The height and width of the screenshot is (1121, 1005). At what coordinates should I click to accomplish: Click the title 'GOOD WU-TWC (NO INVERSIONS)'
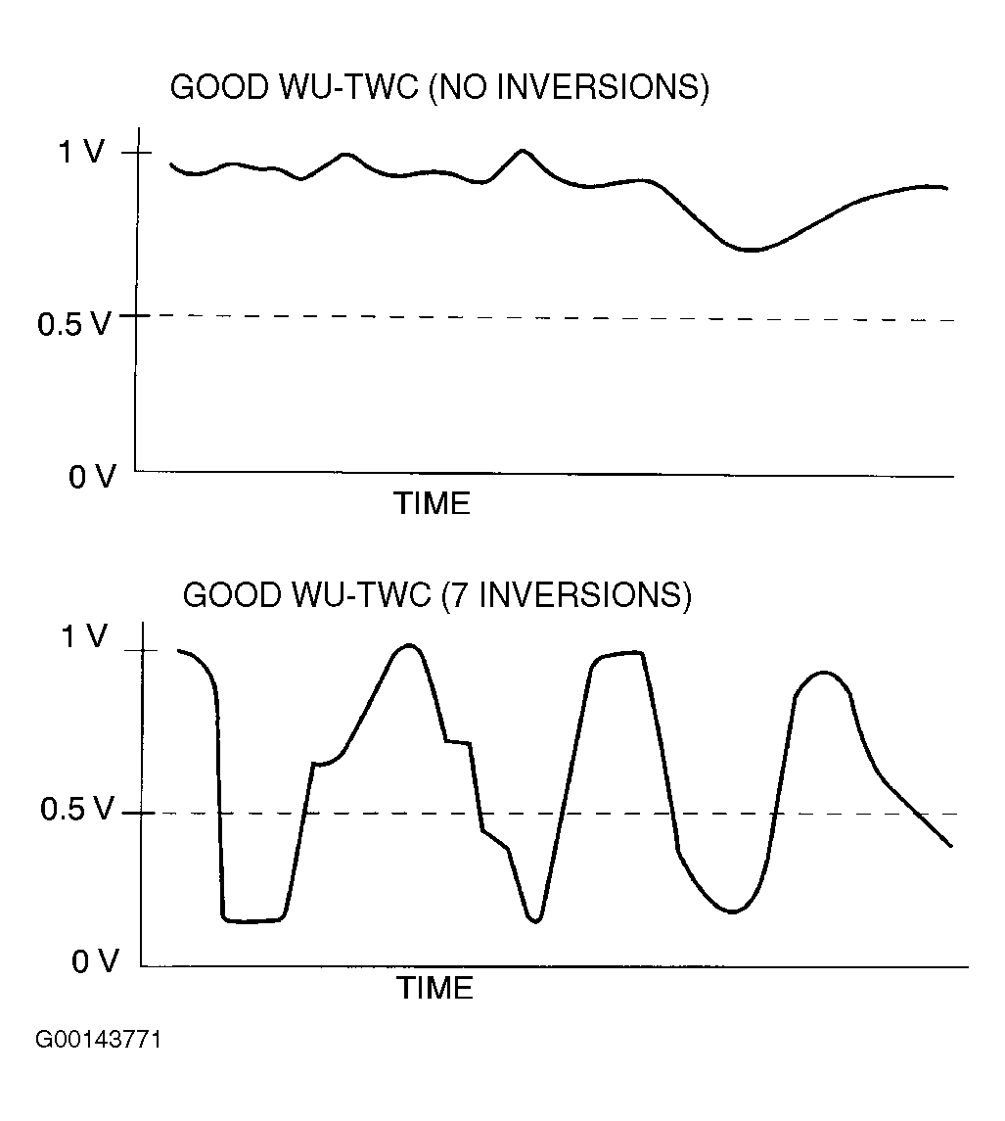(x=438, y=87)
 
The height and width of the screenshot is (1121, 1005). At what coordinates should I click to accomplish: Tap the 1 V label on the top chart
(x=81, y=153)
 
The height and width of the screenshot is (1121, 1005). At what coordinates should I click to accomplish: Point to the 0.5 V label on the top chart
(x=74, y=322)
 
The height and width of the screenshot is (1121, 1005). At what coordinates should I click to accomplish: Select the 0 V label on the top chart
(x=92, y=477)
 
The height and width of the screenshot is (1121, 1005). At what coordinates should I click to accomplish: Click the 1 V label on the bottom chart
(x=85, y=637)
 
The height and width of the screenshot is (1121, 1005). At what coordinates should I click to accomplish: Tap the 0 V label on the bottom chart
(x=95, y=961)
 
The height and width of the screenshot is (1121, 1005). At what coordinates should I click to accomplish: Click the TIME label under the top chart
(x=432, y=504)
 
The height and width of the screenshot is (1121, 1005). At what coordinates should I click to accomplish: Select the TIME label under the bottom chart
(x=434, y=988)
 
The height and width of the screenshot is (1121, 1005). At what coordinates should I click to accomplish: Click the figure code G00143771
(x=99, y=1039)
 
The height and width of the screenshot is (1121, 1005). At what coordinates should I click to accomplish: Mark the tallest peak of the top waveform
(x=523, y=151)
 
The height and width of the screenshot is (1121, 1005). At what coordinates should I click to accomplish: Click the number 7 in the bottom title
(x=455, y=595)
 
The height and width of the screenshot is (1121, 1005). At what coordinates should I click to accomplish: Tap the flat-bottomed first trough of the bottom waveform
(x=252, y=920)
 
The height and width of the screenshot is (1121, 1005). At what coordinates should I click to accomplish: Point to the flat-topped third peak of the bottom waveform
(x=618, y=654)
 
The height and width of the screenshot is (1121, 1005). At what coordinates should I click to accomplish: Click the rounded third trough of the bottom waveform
(x=732, y=911)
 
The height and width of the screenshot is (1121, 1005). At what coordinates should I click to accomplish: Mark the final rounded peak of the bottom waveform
(x=823, y=673)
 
